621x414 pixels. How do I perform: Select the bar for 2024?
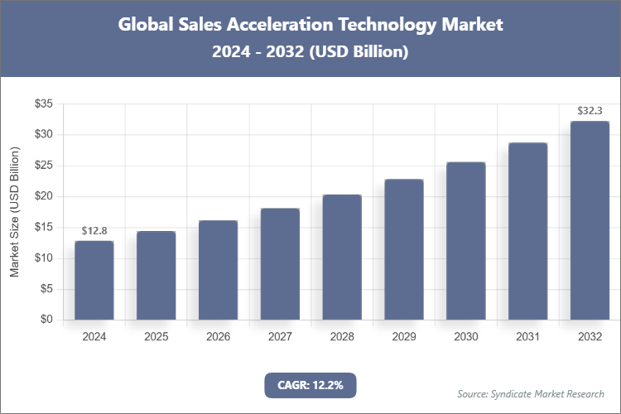coord(94,280)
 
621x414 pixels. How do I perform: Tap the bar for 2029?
coord(404,249)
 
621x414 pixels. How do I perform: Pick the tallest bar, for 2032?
coord(590,220)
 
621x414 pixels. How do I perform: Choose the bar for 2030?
coord(465,241)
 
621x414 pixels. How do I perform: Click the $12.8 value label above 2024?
coord(94,229)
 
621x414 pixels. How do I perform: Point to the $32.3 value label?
coord(590,110)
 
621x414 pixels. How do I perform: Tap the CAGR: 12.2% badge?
coord(310,384)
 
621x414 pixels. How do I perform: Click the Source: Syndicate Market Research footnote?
coord(530,393)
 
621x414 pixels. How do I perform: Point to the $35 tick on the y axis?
coord(43,103)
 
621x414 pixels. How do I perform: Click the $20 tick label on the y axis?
coord(43,196)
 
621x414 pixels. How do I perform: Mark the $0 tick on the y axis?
coord(46,320)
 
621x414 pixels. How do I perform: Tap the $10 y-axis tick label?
coord(43,258)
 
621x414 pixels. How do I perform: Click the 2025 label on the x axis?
coord(156,337)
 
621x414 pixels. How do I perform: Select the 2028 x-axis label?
coord(342,337)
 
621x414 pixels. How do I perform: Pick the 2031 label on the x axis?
coord(527,337)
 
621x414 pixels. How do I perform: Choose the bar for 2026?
coord(218,270)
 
